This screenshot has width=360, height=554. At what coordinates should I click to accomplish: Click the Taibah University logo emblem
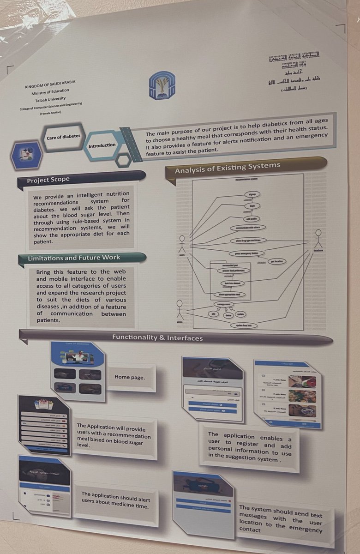click(162, 85)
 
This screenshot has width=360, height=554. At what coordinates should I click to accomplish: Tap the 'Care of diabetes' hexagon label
click(63, 137)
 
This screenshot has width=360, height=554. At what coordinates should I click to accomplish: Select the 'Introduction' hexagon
click(102, 145)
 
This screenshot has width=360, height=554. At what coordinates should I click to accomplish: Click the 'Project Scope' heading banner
click(48, 180)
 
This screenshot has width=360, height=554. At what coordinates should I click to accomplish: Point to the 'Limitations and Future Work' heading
click(74, 258)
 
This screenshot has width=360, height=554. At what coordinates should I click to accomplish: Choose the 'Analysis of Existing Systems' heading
click(227, 169)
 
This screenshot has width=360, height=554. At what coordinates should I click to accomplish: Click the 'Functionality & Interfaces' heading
click(157, 338)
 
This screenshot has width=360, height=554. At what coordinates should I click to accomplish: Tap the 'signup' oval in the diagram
click(252, 195)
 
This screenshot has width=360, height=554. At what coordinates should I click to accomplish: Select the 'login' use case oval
click(252, 206)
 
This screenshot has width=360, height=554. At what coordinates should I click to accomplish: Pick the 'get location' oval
click(276, 261)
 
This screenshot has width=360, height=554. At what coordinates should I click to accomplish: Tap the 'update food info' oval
click(244, 325)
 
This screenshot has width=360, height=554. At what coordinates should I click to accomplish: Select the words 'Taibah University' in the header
click(53, 98)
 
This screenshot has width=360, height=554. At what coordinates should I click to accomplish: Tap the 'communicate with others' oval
click(247, 227)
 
